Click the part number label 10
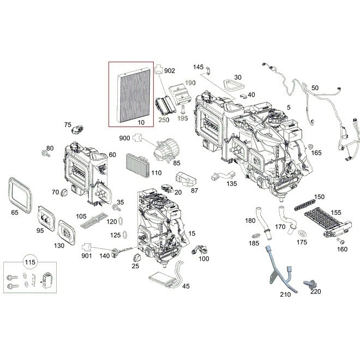(141, 122)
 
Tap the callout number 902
(170, 71)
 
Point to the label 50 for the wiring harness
(315, 88)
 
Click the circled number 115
(28, 263)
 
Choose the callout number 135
(232, 184)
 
